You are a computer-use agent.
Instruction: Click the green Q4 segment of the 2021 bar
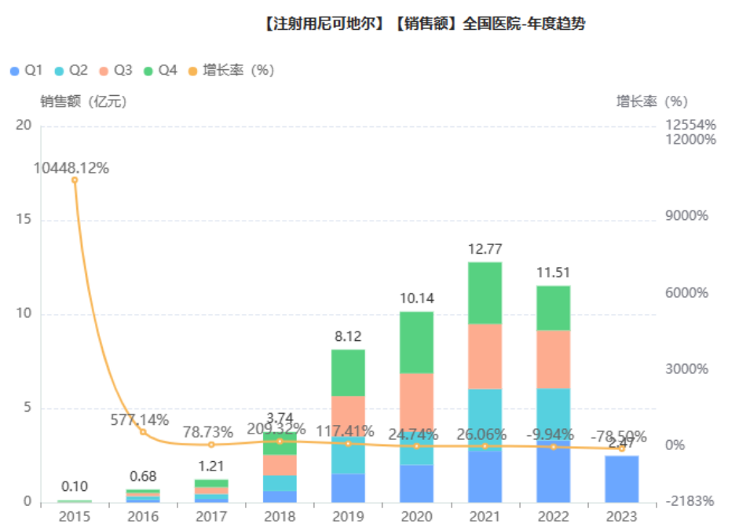point(485,292)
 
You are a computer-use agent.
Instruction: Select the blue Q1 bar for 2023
point(621,478)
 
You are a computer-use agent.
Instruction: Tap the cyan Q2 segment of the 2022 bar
point(553,416)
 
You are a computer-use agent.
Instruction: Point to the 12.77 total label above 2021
point(485,249)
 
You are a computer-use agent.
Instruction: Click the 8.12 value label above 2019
point(348,336)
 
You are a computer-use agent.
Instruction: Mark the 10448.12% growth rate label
point(71,168)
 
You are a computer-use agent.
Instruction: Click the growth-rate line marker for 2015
point(75,180)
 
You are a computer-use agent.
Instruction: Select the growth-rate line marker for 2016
point(143,432)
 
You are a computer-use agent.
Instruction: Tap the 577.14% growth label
point(140,420)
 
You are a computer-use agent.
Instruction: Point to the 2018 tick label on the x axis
point(280,516)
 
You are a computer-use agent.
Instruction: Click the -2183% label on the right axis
point(689,501)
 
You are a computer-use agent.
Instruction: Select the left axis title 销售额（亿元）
point(83,101)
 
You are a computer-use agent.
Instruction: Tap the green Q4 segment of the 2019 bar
point(348,372)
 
